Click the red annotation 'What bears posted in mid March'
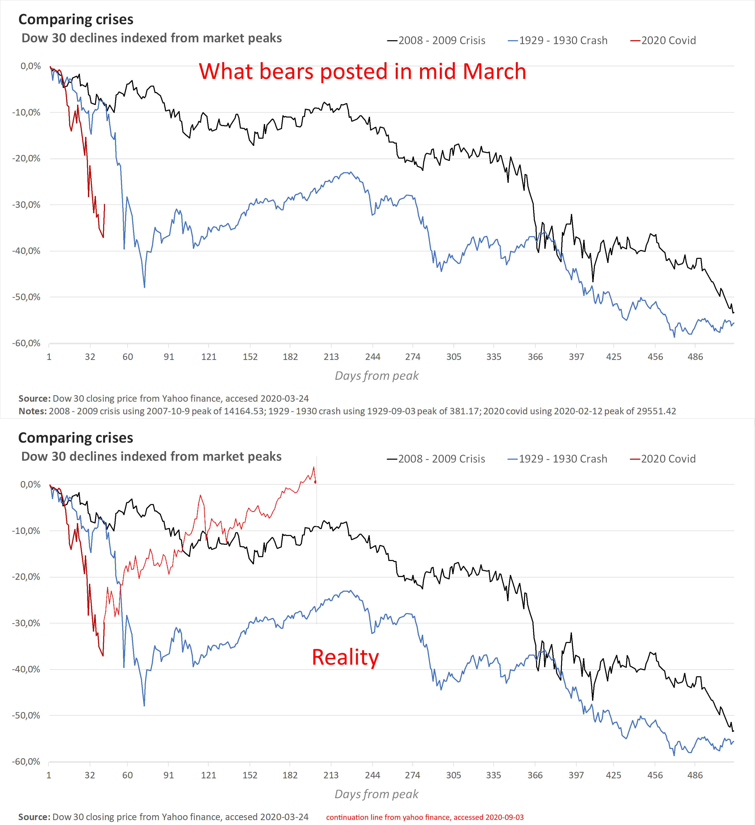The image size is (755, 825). [362, 72]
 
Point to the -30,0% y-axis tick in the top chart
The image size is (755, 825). [26, 205]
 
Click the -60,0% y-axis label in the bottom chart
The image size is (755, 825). [26, 762]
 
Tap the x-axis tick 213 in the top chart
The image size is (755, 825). [331, 357]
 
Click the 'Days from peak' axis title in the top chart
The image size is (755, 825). [376, 376]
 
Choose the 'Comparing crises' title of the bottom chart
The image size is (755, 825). [76, 438]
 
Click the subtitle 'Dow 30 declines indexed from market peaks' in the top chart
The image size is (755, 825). [151, 38]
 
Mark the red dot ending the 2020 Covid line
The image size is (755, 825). [315, 482]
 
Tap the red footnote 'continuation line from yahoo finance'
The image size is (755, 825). [424, 817]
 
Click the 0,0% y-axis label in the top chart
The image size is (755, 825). [30, 66]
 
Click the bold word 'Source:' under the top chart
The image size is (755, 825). [34, 399]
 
